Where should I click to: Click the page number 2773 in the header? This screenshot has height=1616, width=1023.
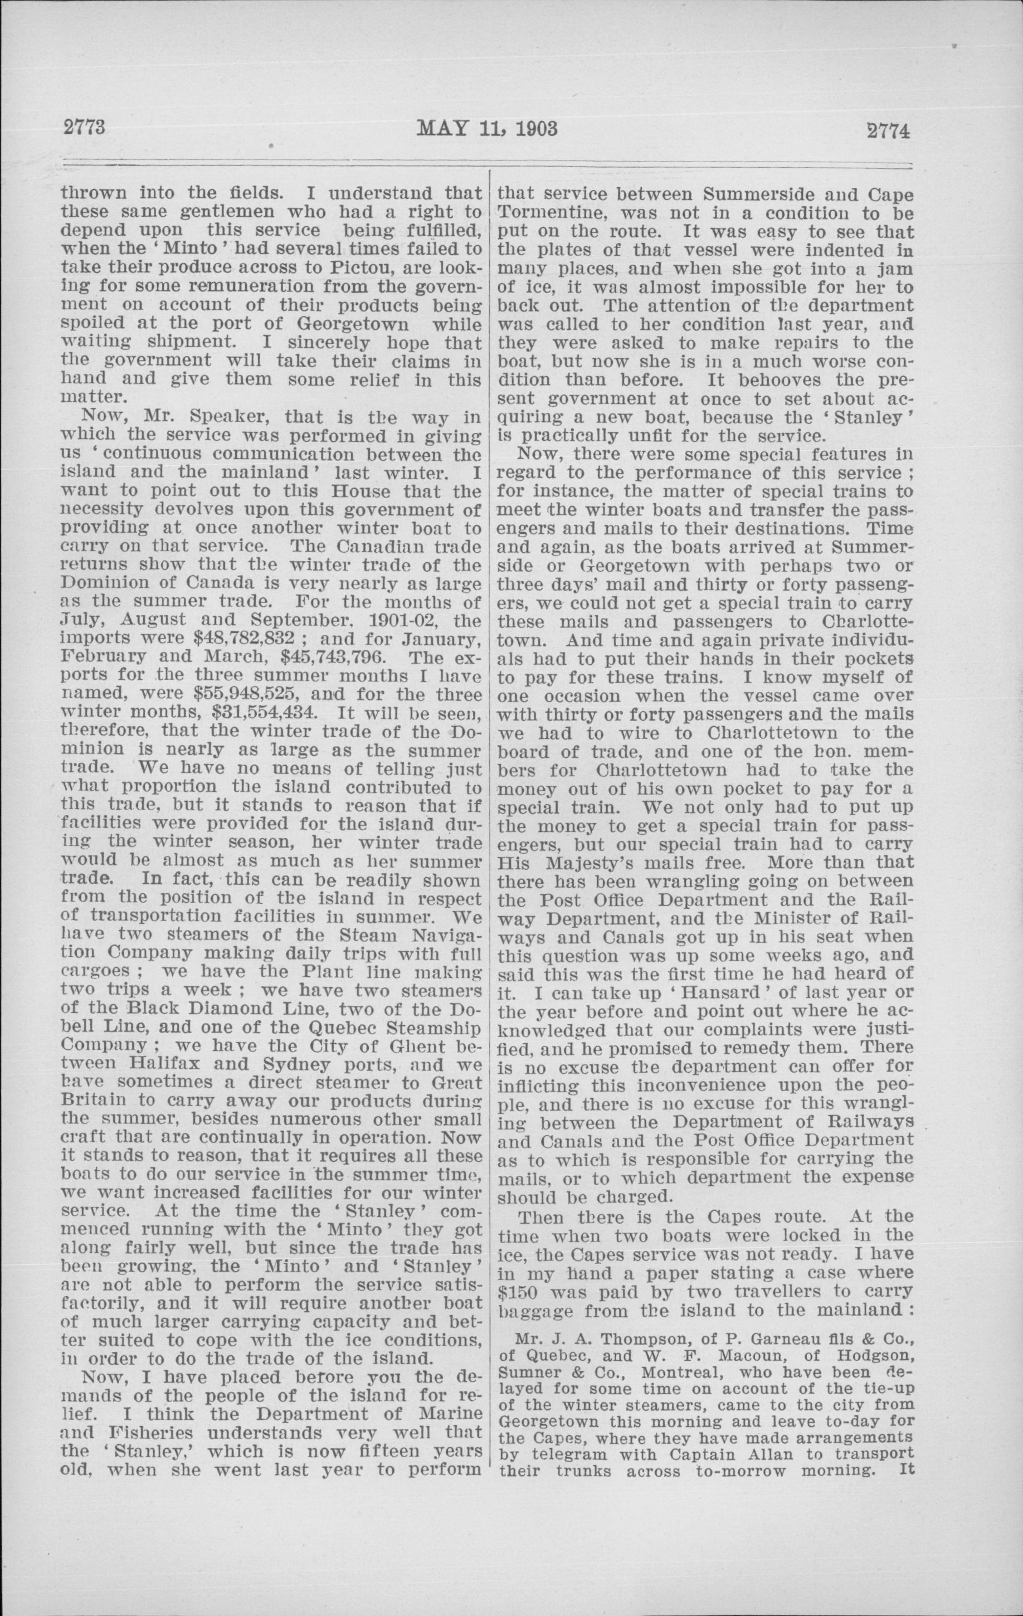pos(85,127)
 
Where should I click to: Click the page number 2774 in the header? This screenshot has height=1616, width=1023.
pos(888,130)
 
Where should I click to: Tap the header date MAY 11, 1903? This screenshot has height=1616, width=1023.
pos(487,128)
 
